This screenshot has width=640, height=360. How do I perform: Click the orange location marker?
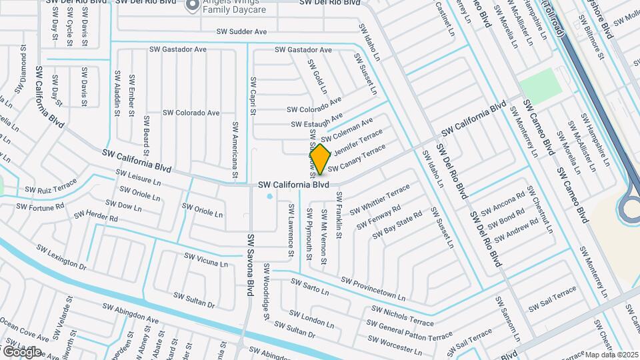(320, 159)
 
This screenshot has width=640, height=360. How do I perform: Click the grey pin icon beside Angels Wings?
(193, 5)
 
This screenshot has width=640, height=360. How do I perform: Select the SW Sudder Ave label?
(241, 31)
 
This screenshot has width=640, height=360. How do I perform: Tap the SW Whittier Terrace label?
(380, 199)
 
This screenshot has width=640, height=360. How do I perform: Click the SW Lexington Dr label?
(61, 258)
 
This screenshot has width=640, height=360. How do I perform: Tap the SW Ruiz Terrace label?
(51, 189)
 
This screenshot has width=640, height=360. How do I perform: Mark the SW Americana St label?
(235, 150)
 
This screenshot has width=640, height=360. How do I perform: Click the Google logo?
(22, 351)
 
